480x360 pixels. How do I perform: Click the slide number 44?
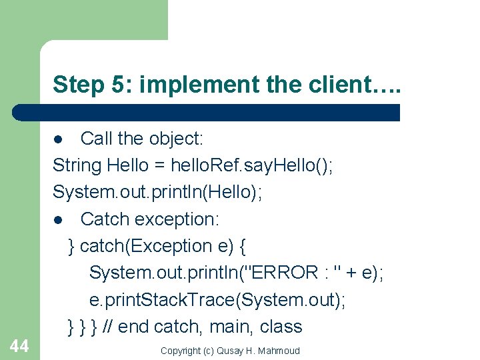[x=19, y=345]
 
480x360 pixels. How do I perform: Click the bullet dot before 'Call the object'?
[x=59, y=139]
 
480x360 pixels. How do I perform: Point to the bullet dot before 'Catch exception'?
[x=59, y=219]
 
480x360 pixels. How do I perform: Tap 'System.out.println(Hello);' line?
[x=157, y=192]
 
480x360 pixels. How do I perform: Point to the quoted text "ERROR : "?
[x=293, y=273]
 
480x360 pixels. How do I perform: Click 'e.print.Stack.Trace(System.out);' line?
[x=217, y=300]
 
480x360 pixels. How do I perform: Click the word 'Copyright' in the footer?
[x=183, y=351]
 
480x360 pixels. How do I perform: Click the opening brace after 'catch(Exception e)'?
[x=242, y=246]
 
